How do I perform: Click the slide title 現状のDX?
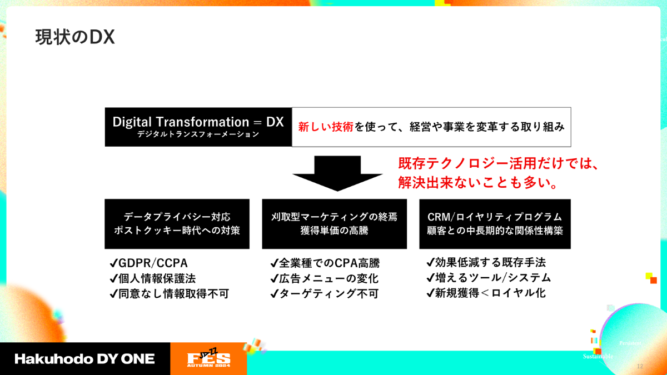tap(75, 37)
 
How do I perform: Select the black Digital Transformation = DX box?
tap(198, 127)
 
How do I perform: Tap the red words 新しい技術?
tap(326, 127)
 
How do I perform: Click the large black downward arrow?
tap(337, 173)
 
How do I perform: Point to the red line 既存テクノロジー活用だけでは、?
tap(499, 163)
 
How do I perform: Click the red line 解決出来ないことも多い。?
tap(478, 182)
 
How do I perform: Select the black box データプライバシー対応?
tap(177, 224)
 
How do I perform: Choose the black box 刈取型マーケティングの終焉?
tap(335, 224)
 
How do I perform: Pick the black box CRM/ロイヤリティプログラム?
tap(495, 224)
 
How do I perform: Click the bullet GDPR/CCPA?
tap(149, 263)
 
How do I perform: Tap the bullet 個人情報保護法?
tap(153, 278)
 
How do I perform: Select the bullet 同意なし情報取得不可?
tap(170, 294)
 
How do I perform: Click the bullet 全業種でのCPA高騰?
tap(325, 263)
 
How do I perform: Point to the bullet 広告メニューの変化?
tap(325, 278)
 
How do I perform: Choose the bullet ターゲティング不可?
tap(325, 294)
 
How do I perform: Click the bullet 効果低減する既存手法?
tap(486, 262)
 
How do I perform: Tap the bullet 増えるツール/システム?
tap(489, 278)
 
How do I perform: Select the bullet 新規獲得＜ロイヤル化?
tap(486, 293)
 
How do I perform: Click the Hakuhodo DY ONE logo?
tap(84, 359)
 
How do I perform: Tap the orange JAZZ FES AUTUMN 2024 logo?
tap(208, 358)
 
